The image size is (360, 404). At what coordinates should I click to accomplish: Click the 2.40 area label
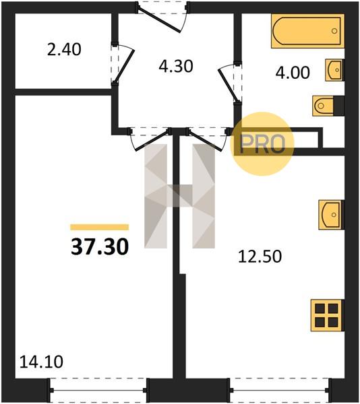click(64, 49)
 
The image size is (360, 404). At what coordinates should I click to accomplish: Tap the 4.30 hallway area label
click(176, 66)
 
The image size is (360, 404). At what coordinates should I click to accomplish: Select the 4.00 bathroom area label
click(293, 73)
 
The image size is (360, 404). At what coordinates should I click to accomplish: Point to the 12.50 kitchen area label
click(260, 257)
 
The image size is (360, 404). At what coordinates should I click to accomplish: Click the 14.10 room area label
click(41, 362)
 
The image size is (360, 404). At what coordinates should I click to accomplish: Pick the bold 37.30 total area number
click(100, 246)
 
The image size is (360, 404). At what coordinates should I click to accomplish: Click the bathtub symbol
click(307, 31)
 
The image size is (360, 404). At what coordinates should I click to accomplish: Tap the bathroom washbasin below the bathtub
click(335, 70)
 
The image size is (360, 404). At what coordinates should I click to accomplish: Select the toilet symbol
click(328, 106)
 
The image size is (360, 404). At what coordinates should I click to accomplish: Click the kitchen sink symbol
click(332, 215)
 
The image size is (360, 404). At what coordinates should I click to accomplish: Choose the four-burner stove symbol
click(327, 315)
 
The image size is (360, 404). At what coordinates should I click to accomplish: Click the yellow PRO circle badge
click(262, 144)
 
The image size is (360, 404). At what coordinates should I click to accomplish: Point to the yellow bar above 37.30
click(100, 227)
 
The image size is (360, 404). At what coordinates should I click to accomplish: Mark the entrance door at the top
click(162, 18)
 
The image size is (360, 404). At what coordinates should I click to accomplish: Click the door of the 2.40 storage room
click(123, 64)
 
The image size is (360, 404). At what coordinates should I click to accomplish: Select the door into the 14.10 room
click(150, 139)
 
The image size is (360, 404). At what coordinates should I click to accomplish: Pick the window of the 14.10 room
click(99, 391)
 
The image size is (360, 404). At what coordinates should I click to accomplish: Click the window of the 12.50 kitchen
click(280, 391)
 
